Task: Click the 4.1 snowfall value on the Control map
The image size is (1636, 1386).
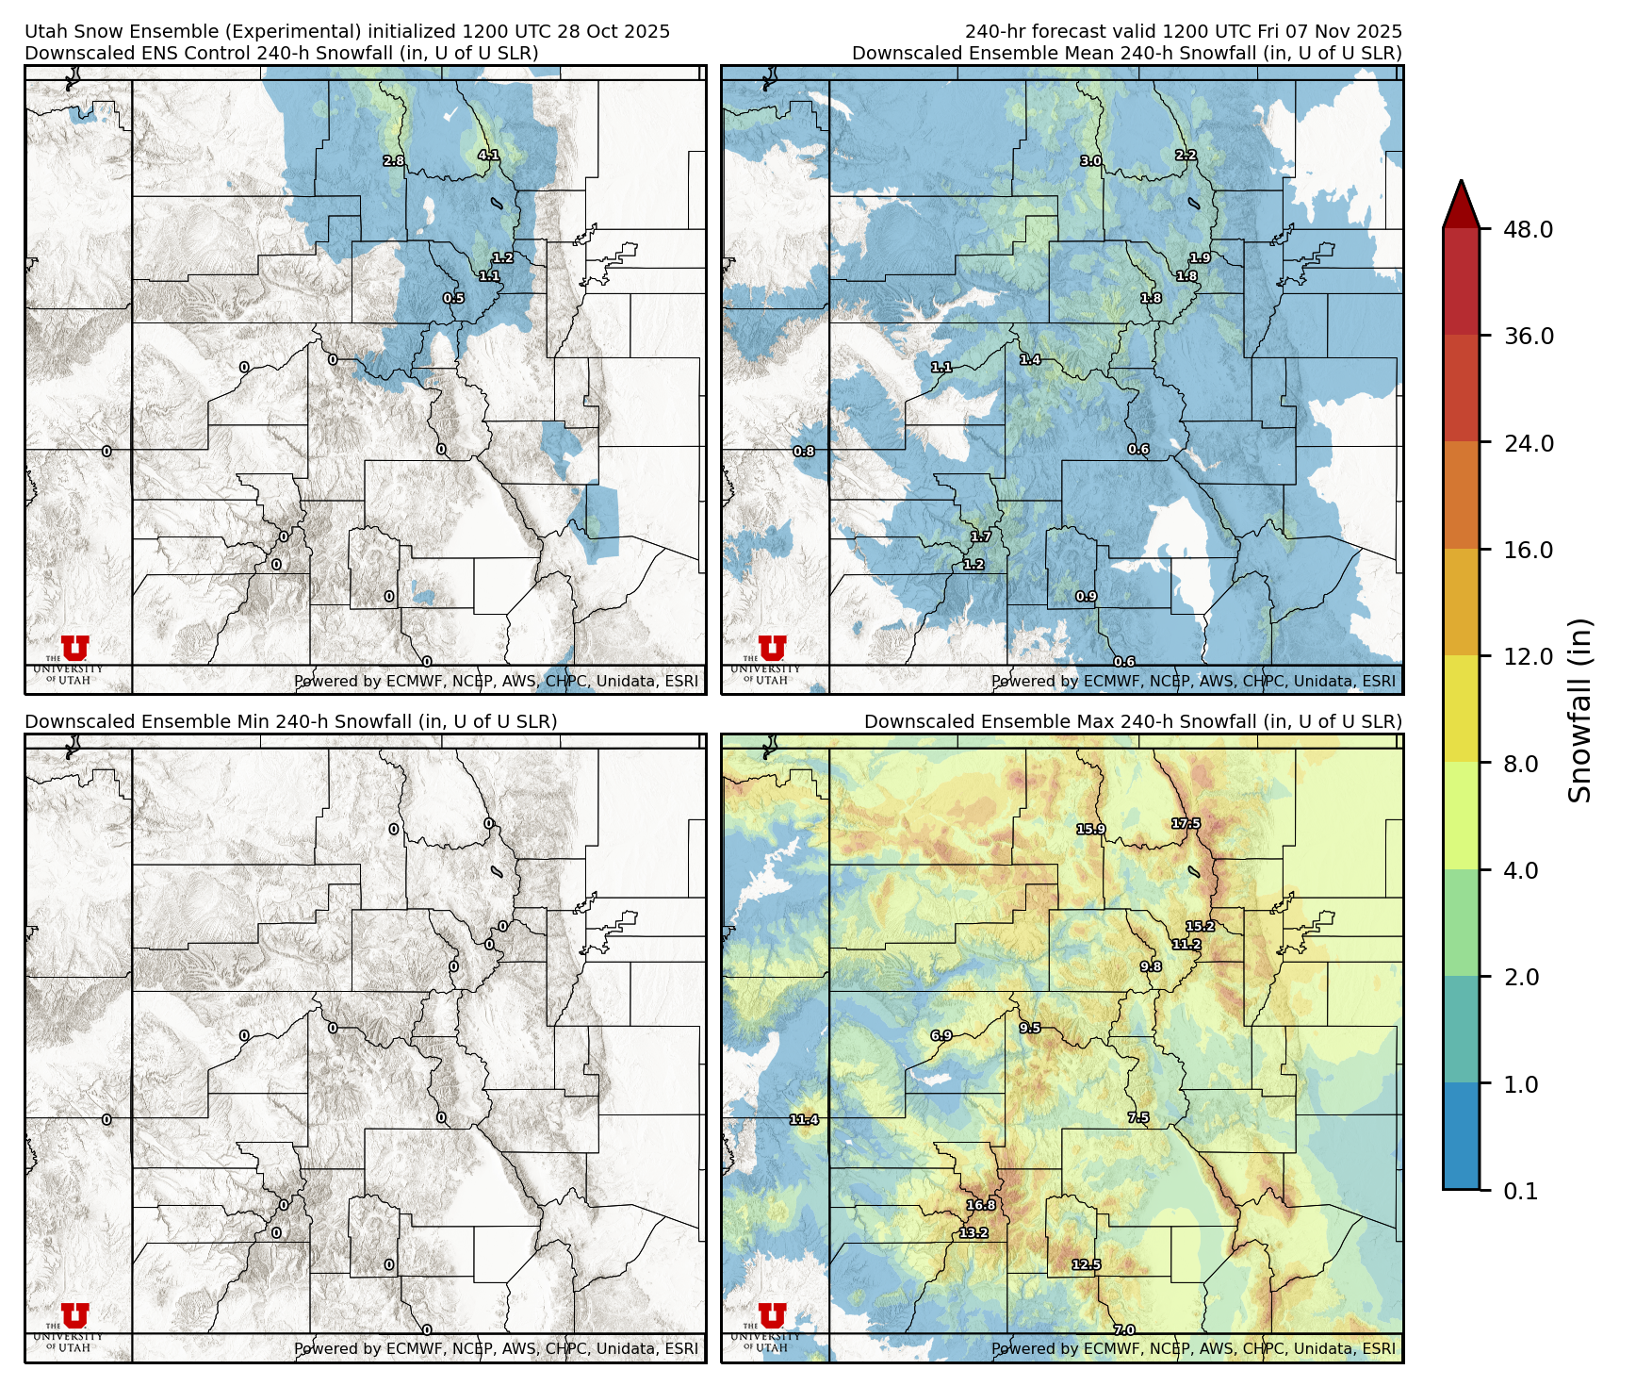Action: (x=488, y=156)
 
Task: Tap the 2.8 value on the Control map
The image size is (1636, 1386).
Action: (x=393, y=161)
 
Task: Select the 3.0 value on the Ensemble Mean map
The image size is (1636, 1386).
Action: (x=1090, y=161)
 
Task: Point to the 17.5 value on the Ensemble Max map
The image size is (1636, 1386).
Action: (x=1186, y=824)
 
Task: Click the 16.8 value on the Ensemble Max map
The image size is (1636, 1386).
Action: (x=981, y=1205)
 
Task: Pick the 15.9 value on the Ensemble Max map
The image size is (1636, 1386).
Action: (x=1090, y=830)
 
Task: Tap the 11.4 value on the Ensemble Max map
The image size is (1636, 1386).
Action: (x=804, y=1120)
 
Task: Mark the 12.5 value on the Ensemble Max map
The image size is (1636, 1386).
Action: (x=1086, y=1265)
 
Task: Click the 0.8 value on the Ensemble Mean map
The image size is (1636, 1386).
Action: (x=804, y=452)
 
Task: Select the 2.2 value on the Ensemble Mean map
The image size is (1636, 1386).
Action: (x=1186, y=156)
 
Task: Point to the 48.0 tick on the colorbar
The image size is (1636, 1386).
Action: (x=1528, y=229)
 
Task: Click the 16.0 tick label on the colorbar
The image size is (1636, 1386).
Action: (x=1528, y=550)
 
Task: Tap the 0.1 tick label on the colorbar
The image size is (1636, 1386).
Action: (x=1520, y=1191)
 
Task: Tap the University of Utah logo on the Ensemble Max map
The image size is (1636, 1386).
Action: (x=771, y=1322)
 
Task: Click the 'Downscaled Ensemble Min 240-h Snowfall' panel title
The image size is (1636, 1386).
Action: (x=290, y=721)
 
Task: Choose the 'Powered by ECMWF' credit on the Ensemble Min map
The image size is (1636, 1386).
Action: (x=496, y=1348)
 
